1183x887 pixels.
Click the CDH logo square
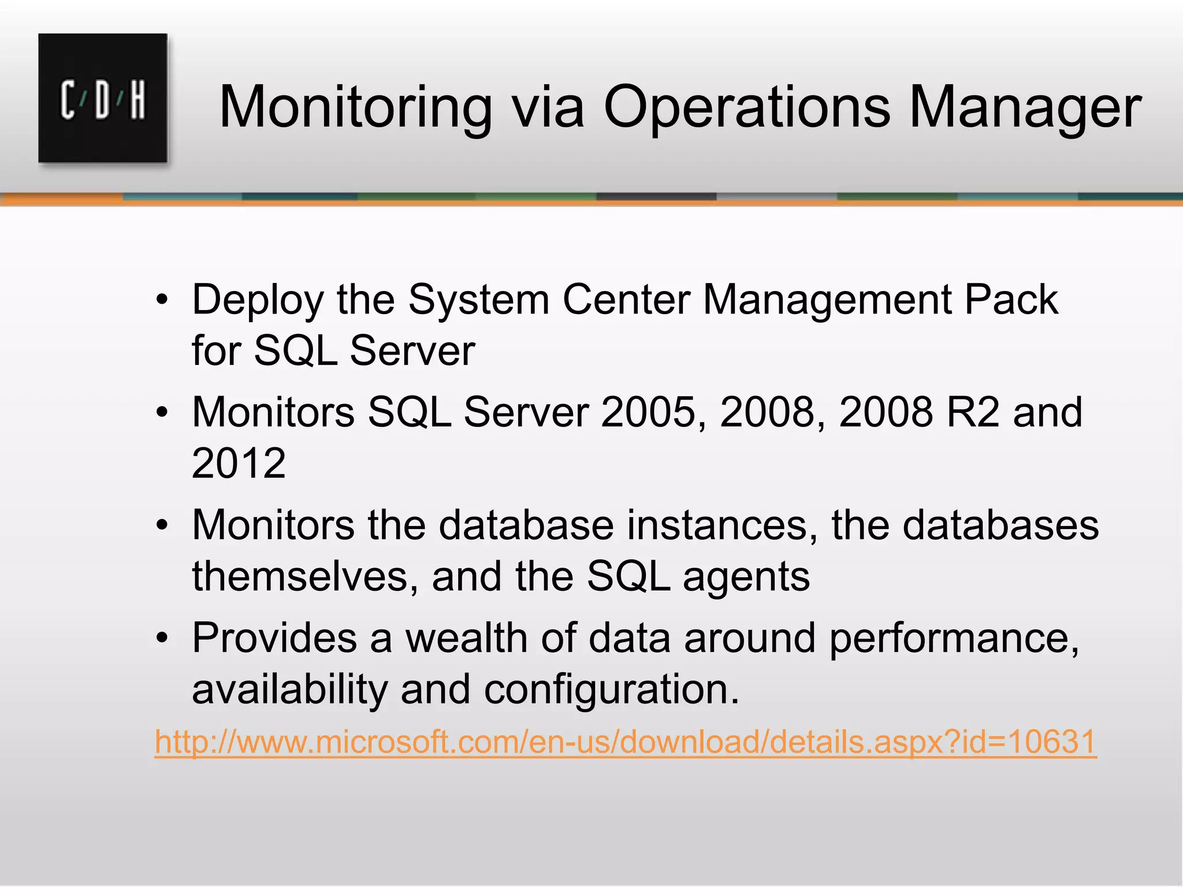point(103,98)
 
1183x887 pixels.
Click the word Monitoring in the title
point(355,107)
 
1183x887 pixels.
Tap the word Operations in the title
point(747,107)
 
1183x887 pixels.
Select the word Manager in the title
point(1025,107)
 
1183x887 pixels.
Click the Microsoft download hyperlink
point(626,741)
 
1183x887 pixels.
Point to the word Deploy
point(258,300)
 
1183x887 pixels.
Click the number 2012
point(239,463)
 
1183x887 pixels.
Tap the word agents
point(746,577)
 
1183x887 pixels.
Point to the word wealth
point(466,638)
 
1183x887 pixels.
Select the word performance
point(954,639)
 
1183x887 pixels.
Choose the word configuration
point(611,690)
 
